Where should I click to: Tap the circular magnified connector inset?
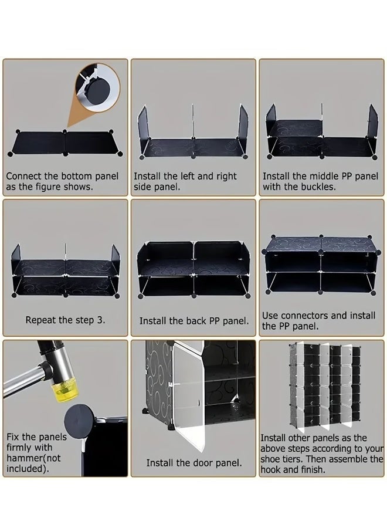coord(98,88)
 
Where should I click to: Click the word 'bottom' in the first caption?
coord(76,176)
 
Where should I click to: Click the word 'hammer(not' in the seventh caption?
coord(33,458)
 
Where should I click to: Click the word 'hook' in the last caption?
coord(270,469)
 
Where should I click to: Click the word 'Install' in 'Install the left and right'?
coord(147,176)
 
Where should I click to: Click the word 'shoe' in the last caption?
coord(270,459)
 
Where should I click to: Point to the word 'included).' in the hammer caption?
coord(28,468)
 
